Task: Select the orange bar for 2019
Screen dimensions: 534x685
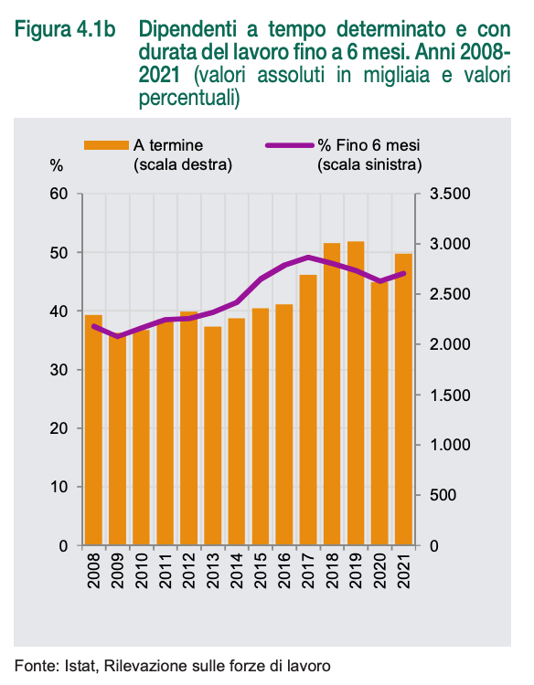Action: [356, 393]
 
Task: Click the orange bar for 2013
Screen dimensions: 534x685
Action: [212, 436]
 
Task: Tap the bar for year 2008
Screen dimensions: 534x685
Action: [93, 430]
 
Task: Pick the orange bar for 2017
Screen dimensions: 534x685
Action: [308, 410]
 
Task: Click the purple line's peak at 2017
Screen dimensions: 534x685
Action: [309, 258]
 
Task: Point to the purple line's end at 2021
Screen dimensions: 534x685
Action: [403, 273]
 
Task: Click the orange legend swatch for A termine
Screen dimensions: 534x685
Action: [106, 145]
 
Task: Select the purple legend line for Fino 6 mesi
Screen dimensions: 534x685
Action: [290, 145]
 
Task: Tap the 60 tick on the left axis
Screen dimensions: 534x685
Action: [59, 194]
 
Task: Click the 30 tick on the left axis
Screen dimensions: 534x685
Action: [59, 370]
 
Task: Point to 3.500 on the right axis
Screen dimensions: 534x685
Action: [450, 194]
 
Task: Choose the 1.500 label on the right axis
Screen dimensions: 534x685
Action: [450, 395]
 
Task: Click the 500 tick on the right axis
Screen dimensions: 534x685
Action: [443, 495]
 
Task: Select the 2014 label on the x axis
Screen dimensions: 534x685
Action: [237, 571]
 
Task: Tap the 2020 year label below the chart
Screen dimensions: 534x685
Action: [379, 571]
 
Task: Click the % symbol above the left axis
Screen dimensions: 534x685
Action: [57, 166]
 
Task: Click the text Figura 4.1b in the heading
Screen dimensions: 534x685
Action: [65, 30]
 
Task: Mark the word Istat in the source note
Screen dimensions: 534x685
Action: [80, 666]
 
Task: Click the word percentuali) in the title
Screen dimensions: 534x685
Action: [189, 98]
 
